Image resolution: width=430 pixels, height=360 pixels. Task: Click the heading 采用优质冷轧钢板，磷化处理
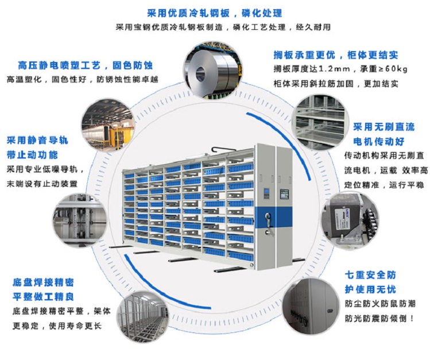[x=215, y=13]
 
